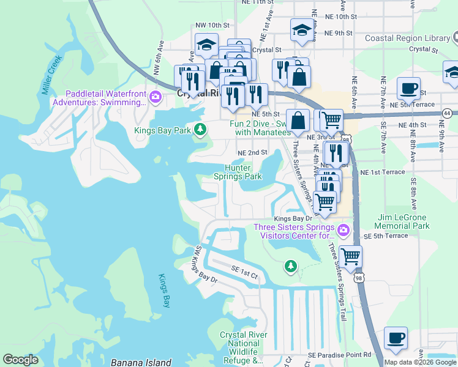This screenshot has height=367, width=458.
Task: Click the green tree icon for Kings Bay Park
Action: [x=200, y=129]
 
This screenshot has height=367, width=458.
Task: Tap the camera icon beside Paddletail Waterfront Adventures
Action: [x=155, y=97]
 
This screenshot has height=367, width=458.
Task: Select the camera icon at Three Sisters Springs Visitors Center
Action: [x=343, y=231]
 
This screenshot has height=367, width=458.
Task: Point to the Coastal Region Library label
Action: [x=407, y=38]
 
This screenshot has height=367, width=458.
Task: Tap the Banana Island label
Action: [x=141, y=362]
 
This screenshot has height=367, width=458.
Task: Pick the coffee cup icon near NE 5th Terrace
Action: [x=408, y=89]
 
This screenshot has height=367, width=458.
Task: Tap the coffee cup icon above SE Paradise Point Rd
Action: [x=396, y=338]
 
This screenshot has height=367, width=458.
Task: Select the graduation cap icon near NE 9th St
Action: [x=302, y=31]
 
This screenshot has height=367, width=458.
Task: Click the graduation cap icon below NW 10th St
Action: [x=207, y=45]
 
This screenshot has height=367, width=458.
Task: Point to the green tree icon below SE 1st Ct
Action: [x=291, y=266]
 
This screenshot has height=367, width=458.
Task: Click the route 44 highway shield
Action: [x=448, y=113]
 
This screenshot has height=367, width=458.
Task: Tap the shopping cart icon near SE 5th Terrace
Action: [x=350, y=256]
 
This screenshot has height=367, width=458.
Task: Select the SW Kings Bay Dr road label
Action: [x=205, y=265]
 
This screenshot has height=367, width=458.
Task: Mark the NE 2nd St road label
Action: [x=253, y=152]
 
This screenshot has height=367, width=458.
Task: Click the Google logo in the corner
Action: [x=21, y=360]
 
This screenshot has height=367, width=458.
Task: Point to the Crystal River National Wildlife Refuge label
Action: [x=243, y=348]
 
